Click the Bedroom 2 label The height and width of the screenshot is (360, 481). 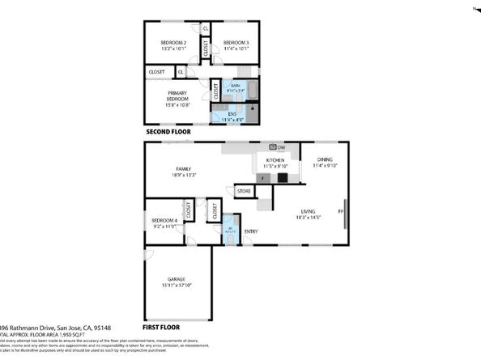tap(173, 42)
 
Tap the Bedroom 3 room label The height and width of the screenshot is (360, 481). tap(236, 42)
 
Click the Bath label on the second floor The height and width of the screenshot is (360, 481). tap(235, 85)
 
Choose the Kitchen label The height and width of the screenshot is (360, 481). tap(275, 159)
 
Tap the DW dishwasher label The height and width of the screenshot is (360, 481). tap(281, 147)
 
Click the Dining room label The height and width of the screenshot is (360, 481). tap(324, 159)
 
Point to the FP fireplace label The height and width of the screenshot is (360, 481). tap(341, 212)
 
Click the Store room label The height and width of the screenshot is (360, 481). tap(243, 192)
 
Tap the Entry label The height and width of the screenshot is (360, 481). tap(251, 232)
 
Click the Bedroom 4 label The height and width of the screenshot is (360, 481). tap(164, 221)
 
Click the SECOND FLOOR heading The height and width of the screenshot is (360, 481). tap(168, 131)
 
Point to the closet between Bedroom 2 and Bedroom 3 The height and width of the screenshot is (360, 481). tap(206, 49)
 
